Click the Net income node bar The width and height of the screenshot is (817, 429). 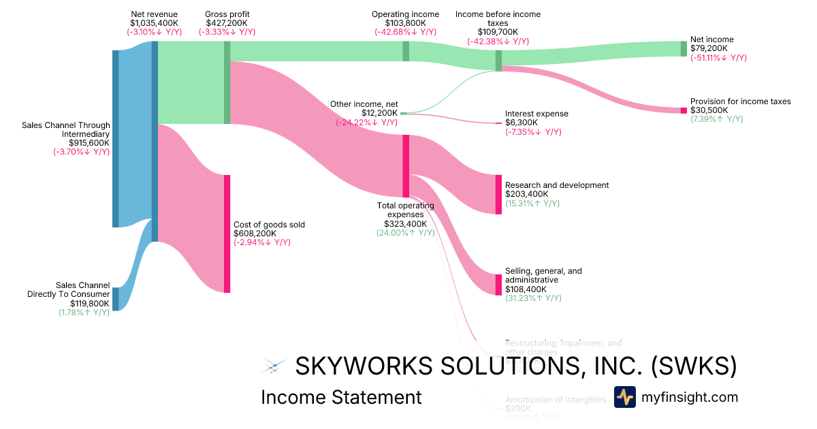click(684, 48)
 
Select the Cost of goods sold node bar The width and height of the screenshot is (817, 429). click(227, 234)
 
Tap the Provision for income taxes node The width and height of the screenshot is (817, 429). click(684, 110)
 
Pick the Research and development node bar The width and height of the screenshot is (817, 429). click(498, 194)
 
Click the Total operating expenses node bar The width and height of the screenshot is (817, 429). click(406, 166)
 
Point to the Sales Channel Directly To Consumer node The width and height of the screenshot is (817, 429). click(115, 299)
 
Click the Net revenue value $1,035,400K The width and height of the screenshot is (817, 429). click(154, 22)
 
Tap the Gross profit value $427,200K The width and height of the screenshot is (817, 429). click(227, 22)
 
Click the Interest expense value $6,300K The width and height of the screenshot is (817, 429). click(521, 123)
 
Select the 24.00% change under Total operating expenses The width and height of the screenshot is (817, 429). click(405, 233)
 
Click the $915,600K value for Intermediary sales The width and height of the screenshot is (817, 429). click(89, 143)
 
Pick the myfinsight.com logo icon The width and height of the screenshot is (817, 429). click(624, 397)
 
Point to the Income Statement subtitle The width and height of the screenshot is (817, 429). click(341, 397)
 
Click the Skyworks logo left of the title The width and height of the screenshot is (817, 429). click(273, 367)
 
